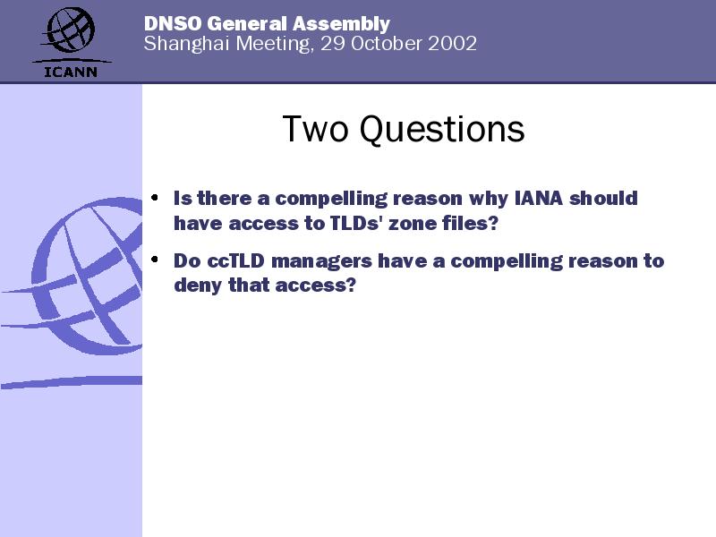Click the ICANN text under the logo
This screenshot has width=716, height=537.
pos(71,72)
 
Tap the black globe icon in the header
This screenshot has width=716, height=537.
pos(70,30)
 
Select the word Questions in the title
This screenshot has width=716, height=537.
pos(442,130)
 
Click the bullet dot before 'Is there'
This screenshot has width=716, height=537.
pos(155,198)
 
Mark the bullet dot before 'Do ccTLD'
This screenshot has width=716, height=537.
pos(155,260)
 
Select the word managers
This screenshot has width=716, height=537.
pos(321,262)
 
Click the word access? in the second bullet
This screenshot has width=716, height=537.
pos(315,285)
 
